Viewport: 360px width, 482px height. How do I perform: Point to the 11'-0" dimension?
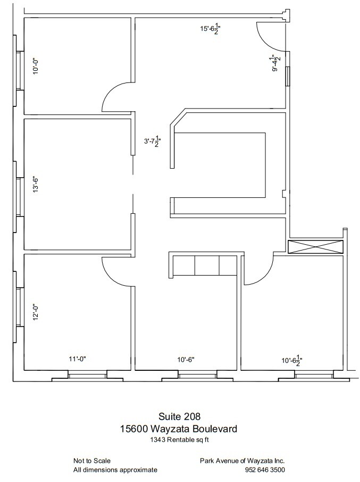(78, 360)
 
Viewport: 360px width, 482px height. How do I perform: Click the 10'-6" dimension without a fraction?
(186, 360)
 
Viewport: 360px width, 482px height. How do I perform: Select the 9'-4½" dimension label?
(275, 63)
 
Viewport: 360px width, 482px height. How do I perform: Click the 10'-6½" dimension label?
(291, 361)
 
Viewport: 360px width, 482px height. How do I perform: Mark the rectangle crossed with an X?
(316, 247)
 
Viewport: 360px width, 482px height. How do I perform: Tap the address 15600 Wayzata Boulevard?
(179, 428)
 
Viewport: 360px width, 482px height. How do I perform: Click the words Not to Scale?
(92, 461)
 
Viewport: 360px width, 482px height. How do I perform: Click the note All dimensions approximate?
(115, 470)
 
